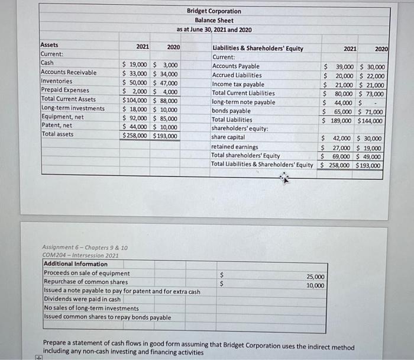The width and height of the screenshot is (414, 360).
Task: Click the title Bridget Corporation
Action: click(x=214, y=11)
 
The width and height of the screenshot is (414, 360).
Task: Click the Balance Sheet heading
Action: click(x=214, y=20)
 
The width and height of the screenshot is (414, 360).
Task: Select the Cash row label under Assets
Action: click(x=47, y=63)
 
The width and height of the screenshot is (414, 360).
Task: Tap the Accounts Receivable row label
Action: click(x=68, y=72)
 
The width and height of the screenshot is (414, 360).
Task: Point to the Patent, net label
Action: click(x=56, y=125)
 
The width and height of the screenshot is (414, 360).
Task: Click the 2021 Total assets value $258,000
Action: click(x=135, y=136)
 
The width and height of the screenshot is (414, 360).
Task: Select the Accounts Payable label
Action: click(x=235, y=66)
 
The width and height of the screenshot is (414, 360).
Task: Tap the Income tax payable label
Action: click(x=238, y=84)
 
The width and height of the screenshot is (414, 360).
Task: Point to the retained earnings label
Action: click(x=234, y=147)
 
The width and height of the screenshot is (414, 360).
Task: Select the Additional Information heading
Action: click(x=76, y=264)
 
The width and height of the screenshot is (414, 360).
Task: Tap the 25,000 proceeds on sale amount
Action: click(x=315, y=277)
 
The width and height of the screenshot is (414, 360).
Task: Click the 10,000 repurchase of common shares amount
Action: click(x=315, y=285)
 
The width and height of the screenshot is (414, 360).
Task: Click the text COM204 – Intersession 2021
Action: click(x=80, y=255)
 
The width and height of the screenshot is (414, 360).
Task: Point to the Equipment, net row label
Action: click(x=62, y=116)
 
